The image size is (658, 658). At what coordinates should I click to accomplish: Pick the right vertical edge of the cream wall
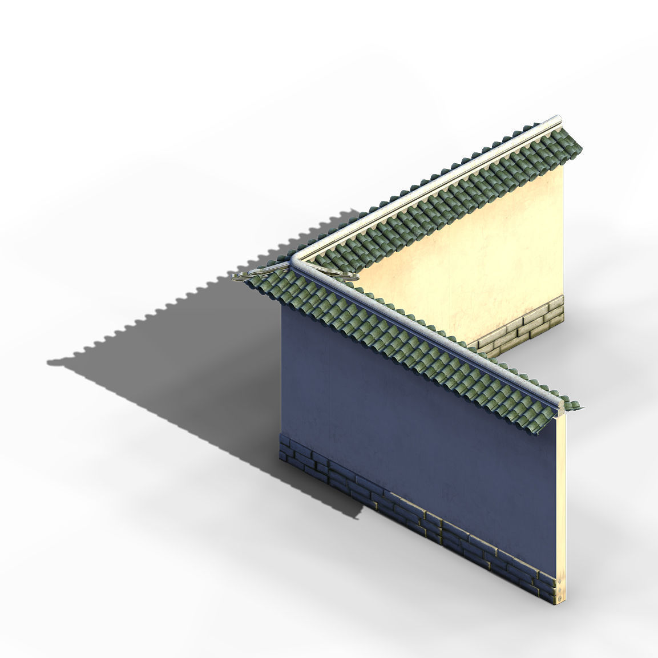(x=563, y=240)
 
